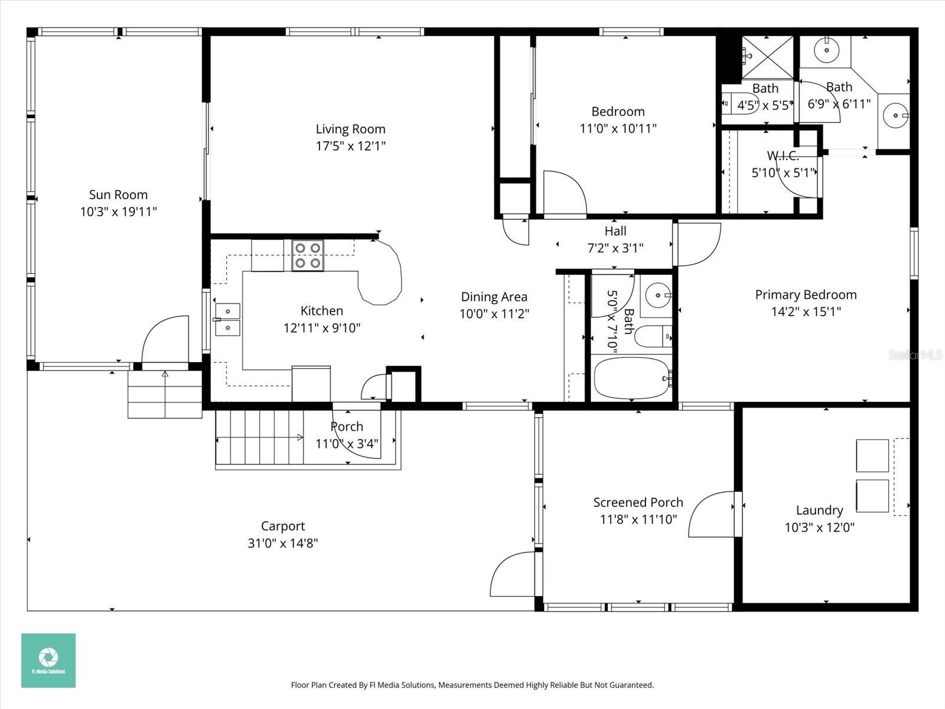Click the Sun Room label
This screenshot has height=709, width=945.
pos(118,195)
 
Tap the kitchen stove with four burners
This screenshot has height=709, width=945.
pos(308,256)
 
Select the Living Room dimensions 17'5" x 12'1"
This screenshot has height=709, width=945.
pos(350,146)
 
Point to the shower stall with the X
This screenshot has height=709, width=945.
pos(768,57)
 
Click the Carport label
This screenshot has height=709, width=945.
pos(283,526)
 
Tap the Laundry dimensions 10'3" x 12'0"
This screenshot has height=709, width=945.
pos(819,528)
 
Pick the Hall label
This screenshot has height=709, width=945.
pos(615,231)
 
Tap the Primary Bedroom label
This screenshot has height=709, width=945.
pos(806,295)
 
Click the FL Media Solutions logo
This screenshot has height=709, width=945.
pos(48,660)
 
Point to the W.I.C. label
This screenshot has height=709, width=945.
pos(783,156)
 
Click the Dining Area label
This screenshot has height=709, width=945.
pos(494,297)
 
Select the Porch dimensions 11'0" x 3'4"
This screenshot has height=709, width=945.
pos(347,444)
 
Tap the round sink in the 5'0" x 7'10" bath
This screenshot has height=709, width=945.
pos(656,294)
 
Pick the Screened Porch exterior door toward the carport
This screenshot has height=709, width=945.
pos(513,573)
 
